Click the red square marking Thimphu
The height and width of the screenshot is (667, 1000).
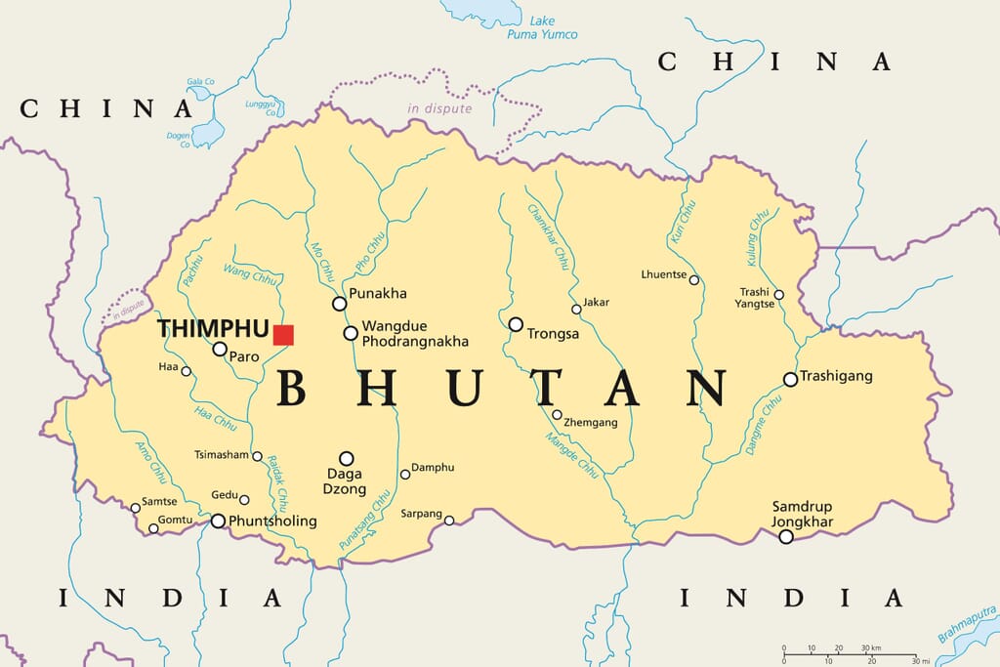pos(283,335)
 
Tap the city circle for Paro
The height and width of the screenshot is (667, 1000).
pos(220,349)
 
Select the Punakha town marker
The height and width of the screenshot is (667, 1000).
pos(339,304)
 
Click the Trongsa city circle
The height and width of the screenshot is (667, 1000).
pos(516,324)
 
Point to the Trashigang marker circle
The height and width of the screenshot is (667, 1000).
pos(790,379)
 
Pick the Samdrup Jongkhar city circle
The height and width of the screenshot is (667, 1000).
pos(786,536)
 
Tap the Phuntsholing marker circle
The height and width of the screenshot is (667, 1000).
pos(218,521)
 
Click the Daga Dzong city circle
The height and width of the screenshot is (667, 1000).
pos(346,458)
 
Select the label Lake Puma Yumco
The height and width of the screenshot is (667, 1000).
pos(542,27)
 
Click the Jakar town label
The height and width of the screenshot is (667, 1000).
pos(596,303)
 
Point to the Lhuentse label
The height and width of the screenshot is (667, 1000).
pos(664,274)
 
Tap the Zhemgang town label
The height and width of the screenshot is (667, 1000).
pos(591,422)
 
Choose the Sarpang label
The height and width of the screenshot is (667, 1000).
pos(422,514)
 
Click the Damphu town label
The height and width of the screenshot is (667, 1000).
pos(433,468)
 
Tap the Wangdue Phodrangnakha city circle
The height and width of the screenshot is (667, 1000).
pos(351,333)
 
